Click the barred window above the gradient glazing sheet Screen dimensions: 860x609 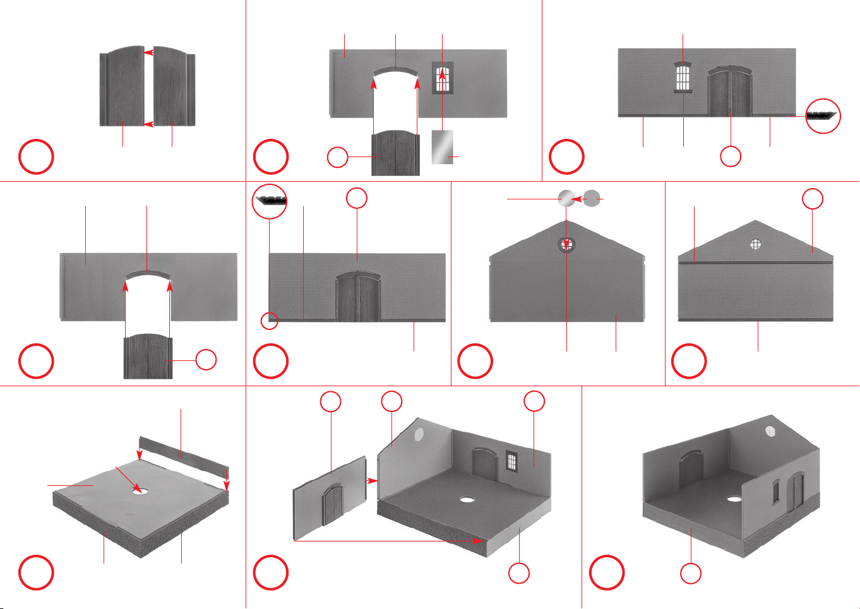point(443,78)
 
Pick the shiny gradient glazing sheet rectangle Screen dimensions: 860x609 point(442,147)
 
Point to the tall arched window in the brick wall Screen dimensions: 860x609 point(683,77)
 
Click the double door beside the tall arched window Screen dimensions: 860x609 point(731,93)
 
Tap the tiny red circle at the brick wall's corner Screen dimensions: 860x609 point(270,321)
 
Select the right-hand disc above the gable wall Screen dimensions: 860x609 point(592,199)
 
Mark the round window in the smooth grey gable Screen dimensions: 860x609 point(566,244)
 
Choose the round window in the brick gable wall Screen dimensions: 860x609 point(755,244)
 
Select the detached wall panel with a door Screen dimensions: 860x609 point(330,499)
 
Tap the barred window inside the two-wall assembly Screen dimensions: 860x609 point(511,463)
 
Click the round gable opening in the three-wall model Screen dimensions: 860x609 point(770,432)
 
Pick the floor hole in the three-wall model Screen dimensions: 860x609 point(733,499)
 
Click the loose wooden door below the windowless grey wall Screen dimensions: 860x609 point(148,357)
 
